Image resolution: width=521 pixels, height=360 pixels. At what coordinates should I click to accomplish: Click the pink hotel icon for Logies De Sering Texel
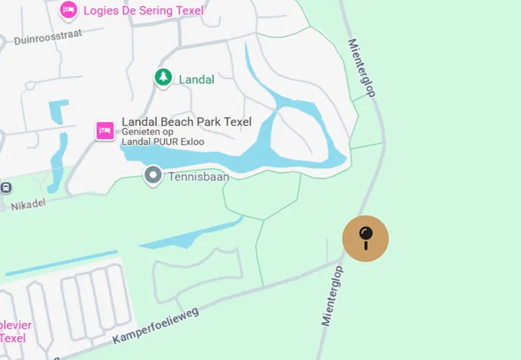tap(68, 10)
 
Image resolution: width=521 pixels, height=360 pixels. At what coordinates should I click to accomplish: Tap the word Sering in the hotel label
tap(149, 11)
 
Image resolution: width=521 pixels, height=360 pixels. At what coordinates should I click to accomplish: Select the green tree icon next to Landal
tap(162, 77)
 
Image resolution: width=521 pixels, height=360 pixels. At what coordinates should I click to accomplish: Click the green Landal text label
tap(196, 79)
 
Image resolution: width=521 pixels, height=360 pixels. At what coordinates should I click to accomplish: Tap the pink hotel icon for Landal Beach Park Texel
tap(105, 131)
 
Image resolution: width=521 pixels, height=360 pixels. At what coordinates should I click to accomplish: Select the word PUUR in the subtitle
tap(168, 142)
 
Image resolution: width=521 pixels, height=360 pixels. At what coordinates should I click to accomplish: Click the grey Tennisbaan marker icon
tap(153, 177)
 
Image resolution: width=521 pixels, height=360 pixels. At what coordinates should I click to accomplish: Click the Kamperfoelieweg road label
tap(155, 323)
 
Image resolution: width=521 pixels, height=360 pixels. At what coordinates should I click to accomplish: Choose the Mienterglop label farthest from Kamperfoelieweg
tap(363, 68)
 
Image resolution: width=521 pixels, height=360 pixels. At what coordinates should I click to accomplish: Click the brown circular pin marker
tap(365, 238)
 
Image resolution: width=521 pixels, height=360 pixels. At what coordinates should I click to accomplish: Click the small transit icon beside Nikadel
tap(5, 187)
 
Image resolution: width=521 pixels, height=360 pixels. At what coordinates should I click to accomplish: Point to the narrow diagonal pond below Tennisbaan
tap(191, 232)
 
